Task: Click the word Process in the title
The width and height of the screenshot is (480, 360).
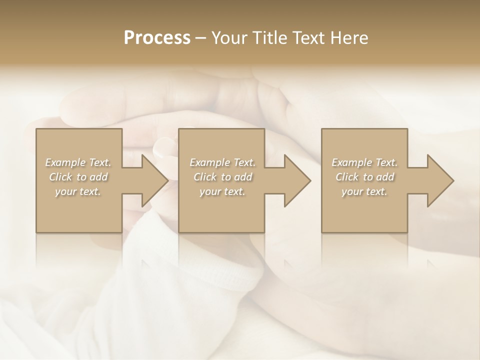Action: (157, 38)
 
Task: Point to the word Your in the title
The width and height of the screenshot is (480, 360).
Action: (229, 38)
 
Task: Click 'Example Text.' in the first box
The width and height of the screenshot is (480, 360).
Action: (78, 162)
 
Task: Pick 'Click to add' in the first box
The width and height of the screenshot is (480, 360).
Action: (78, 177)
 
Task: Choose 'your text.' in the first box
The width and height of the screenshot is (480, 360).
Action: (78, 191)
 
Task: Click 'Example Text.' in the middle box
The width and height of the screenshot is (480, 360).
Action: (222, 162)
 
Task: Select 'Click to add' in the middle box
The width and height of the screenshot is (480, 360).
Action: (222, 177)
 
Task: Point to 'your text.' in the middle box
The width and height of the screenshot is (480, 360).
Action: (222, 191)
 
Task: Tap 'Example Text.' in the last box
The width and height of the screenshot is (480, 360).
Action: (364, 162)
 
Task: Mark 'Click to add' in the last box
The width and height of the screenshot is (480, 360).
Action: (364, 177)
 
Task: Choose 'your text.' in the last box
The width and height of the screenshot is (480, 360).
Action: (364, 191)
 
